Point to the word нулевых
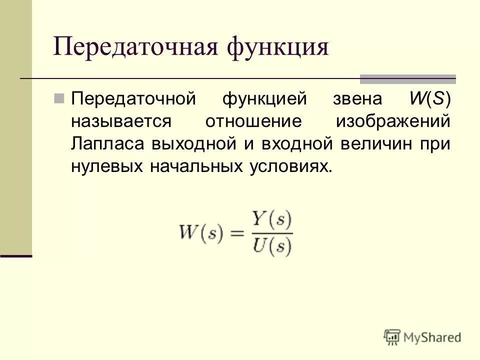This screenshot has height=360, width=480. coord(106,167)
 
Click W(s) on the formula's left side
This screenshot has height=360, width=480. coord(200,233)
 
